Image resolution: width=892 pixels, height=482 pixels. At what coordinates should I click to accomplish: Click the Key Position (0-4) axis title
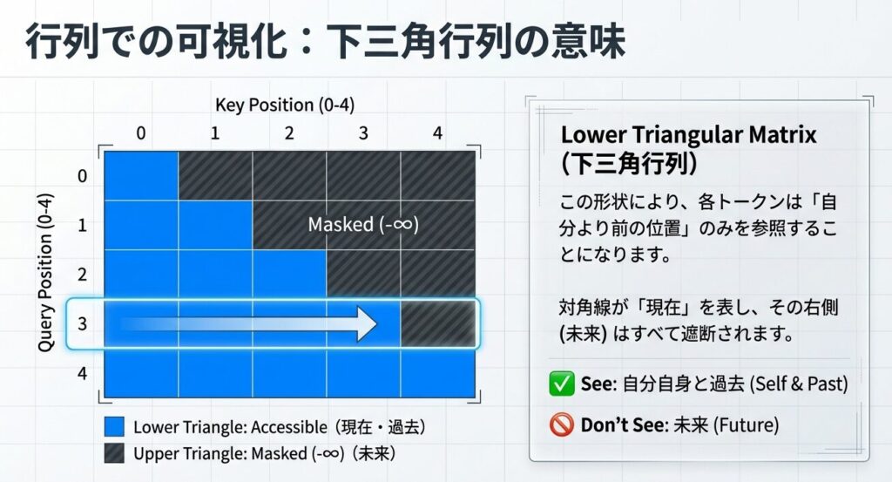tap(285, 105)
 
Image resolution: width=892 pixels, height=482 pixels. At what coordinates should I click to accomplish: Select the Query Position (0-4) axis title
tap(45, 273)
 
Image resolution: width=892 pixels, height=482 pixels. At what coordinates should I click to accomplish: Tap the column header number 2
tap(289, 133)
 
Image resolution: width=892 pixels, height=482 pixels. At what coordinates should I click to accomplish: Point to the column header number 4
tap(437, 133)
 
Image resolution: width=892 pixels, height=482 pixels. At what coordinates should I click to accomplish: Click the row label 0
tap(83, 176)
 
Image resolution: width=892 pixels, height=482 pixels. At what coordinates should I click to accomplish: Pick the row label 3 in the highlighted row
tap(83, 323)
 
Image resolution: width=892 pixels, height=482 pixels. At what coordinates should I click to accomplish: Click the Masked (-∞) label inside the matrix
tap(363, 224)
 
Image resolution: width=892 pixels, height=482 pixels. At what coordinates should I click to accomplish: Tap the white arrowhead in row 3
tap(367, 323)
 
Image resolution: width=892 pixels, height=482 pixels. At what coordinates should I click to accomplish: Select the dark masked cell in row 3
tap(438, 323)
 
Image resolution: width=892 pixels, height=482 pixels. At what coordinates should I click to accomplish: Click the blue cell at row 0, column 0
tap(141, 176)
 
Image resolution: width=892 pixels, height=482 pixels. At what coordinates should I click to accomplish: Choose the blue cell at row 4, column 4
tap(438, 373)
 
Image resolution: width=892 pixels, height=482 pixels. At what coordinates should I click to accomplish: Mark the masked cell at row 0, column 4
tap(438, 176)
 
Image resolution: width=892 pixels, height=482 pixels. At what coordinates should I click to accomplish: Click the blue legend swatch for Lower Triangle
tap(114, 427)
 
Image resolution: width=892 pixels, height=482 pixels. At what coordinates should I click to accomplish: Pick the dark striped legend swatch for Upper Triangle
tap(114, 453)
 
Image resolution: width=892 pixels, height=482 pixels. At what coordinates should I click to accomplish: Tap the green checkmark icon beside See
tap(562, 384)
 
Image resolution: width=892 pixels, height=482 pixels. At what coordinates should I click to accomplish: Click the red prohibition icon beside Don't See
tap(562, 424)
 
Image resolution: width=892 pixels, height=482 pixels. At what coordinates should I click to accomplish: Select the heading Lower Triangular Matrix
tap(688, 135)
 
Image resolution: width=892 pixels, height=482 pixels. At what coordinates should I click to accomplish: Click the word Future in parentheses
tap(746, 425)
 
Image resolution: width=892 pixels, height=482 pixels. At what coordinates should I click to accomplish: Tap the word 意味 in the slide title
tap(589, 41)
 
